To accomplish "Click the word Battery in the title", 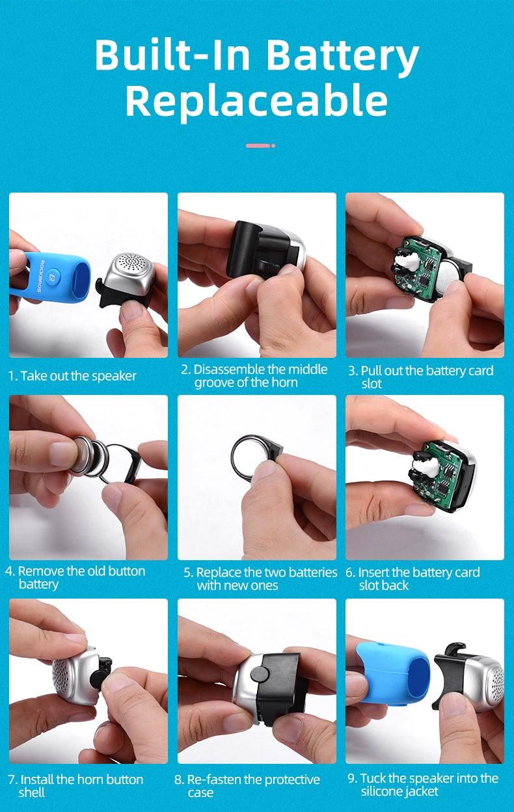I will click(x=343, y=57).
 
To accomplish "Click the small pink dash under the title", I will click(x=258, y=145).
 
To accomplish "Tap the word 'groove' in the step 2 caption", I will click(x=215, y=383).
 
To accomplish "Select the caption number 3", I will click(x=352, y=371).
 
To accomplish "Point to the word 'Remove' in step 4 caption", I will click(x=41, y=571).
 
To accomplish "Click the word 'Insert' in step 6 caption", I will click(x=373, y=573).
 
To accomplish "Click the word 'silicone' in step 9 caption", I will click(x=381, y=791).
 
